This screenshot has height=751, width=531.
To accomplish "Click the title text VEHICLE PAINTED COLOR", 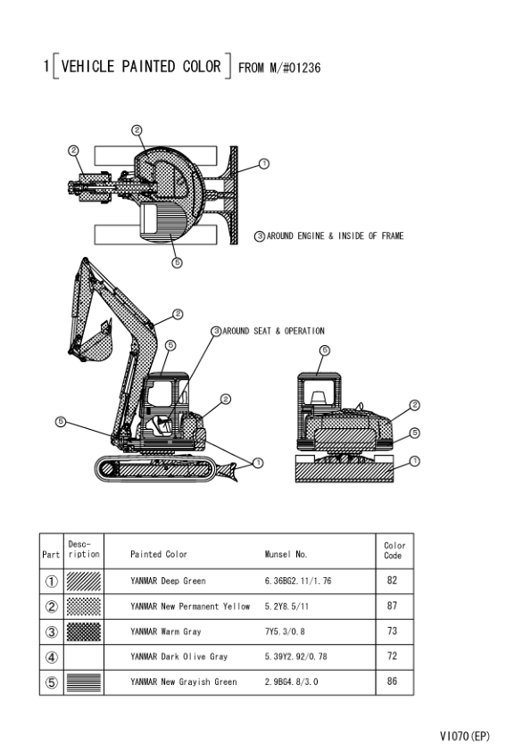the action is tap(141, 66).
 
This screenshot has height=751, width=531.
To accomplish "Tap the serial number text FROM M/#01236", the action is tap(279, 68).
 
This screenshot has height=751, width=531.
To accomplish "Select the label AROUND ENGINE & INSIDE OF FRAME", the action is tap(335, 235).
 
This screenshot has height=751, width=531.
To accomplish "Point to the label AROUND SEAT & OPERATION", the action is tap(273, 331).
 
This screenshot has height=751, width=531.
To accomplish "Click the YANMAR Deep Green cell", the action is tap(168, 581).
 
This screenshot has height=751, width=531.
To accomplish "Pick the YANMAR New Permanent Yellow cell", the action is tap(190, 607).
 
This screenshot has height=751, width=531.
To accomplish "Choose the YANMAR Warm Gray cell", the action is tap(166, 631).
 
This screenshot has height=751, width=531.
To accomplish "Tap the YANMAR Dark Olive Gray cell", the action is tap(178, 656).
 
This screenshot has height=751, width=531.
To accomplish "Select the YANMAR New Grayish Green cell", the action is tap(184, 682).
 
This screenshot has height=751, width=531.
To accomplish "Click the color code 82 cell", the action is tap(392, 581).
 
